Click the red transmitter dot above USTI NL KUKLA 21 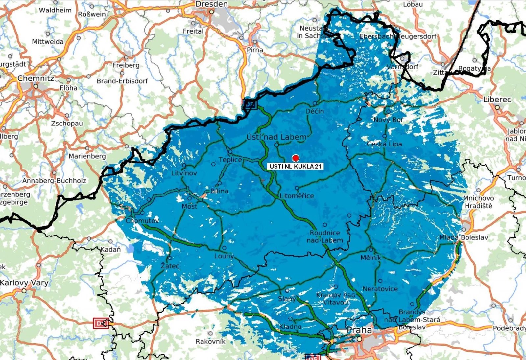click(296, 158)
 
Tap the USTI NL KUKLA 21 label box click(295, 166)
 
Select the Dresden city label click(211, 4)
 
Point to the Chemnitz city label click(36, 78)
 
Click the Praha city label click(359, 330)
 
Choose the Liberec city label click(497, 99)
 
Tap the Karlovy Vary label click(24, 282)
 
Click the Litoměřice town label click(297, 196)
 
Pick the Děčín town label click(315, 111)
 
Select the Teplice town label click(230, 160)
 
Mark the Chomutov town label click(142, 221)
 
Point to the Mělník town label click(371, 258)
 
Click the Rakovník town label click(210, 341)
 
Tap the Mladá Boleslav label click(464, 237)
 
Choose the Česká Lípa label click(384, 144)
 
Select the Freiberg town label click(126, 65)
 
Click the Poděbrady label click(509, 328)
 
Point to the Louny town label click(224, 256)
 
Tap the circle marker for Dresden click(212, 12)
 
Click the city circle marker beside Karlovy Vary click(24, 291)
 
